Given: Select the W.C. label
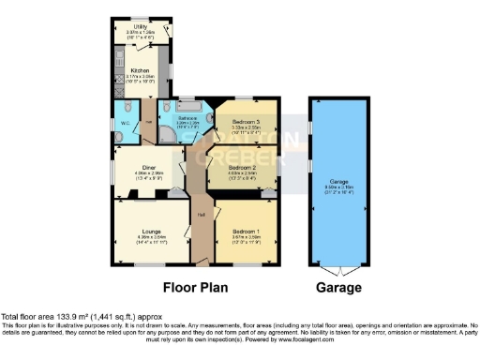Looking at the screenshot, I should coord(125,123).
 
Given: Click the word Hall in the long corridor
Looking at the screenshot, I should coord(201,215).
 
